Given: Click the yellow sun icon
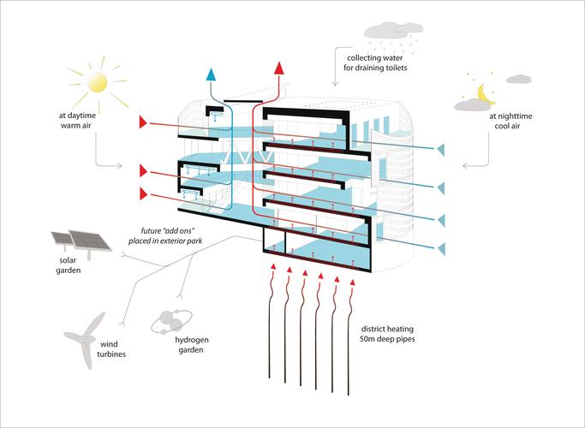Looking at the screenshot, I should [98, 81].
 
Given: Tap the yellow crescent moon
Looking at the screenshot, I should [486, 90].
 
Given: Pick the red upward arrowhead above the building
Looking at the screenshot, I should [278, 67].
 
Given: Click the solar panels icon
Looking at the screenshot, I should [82, 245].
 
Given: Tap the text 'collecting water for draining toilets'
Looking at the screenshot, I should [371, 61].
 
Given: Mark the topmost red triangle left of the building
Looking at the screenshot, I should [143, 122].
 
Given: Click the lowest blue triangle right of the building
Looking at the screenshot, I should [440, 248].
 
